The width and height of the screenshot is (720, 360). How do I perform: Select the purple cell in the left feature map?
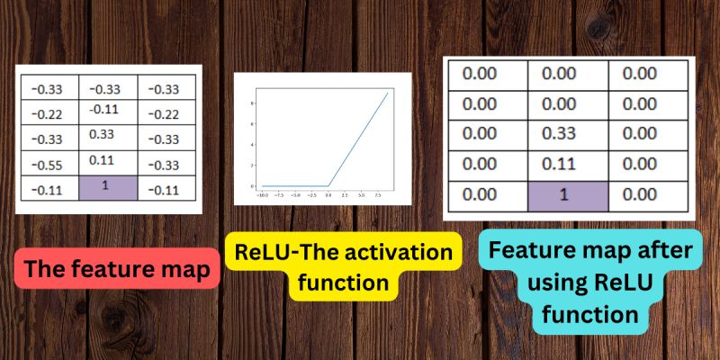tap(109, 188)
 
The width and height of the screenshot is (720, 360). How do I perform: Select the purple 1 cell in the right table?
tap(567, 193)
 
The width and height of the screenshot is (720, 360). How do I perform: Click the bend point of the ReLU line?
tap(328, 185)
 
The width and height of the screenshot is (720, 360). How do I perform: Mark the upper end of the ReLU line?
tap(388, 93)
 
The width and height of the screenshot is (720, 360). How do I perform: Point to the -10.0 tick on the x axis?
tap(262, 194)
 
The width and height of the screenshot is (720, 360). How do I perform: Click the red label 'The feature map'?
tap(117, 268)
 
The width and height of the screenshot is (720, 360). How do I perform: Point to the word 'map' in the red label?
tap(183, 268)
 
